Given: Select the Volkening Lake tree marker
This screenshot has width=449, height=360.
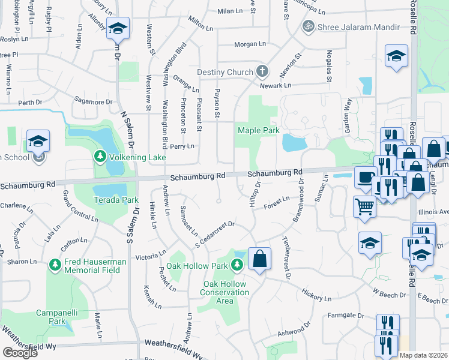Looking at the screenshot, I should click(x=99, y=158).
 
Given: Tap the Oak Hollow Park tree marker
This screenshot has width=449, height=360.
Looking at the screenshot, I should click(x=238, y=264).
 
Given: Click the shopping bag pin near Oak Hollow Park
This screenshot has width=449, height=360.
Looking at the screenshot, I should click(x=259, y=259).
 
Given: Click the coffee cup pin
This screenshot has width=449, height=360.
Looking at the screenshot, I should click(x=366, y=177).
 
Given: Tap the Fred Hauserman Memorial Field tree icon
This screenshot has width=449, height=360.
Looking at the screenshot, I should click(x=55, y=264).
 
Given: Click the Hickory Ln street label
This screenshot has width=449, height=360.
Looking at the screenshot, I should click(x=316, y=296).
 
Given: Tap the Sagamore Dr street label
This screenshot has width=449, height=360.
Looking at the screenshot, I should click(x=93, y=102).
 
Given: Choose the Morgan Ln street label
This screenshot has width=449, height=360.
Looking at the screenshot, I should click(x=250, y=44).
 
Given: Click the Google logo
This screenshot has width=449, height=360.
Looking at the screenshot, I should click(x=20, y=353).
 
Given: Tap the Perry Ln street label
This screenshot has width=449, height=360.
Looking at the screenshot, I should click(x=182, y=146).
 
